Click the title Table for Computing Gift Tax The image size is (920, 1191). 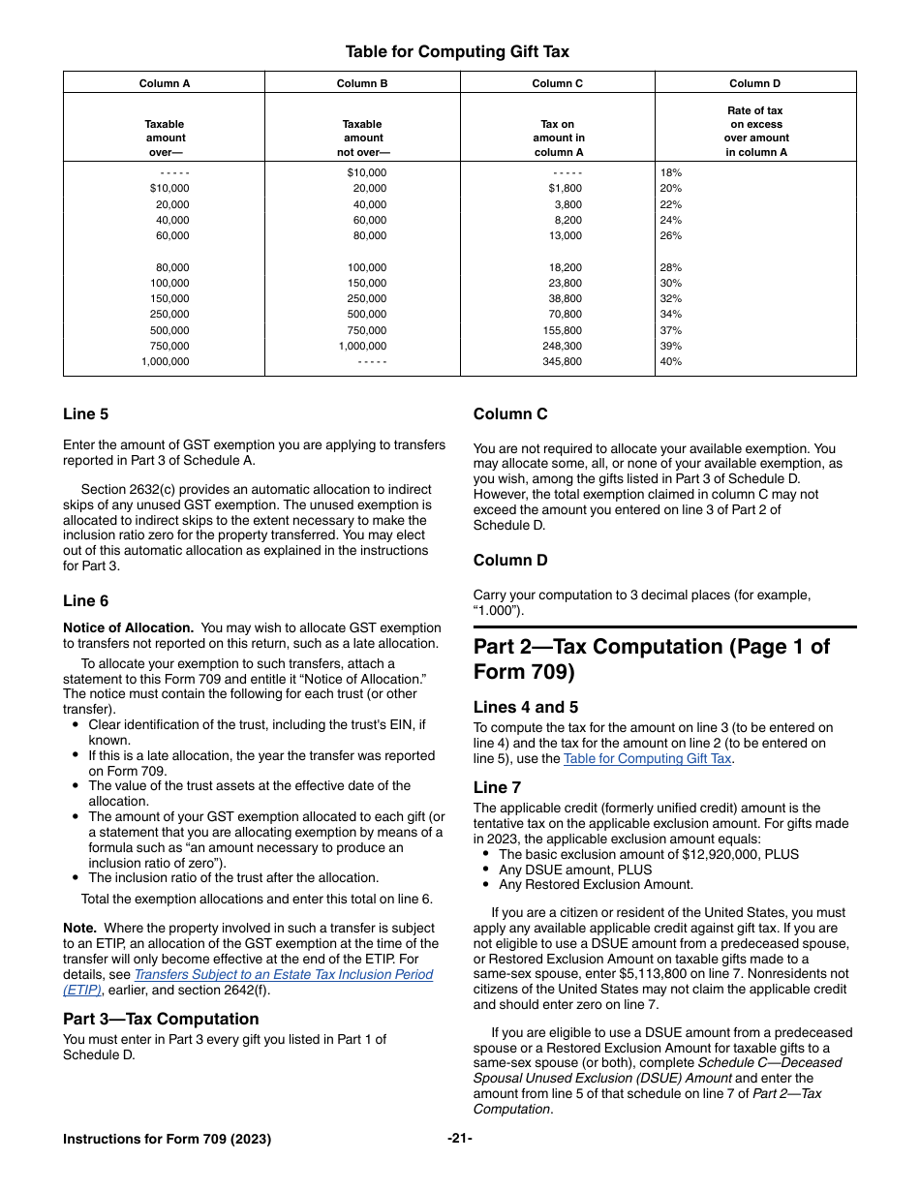[x=457, y=51]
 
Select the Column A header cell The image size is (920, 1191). [x=165, y=83]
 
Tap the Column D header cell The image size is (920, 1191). [x=754, y=83]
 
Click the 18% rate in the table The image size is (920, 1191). [x=670, y=172]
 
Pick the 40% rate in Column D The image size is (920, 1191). [x=670, y=361]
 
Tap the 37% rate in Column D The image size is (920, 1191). [x=670, y=330]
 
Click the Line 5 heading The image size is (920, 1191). [x=86, y=414]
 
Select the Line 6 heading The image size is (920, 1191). [x=86, y=601]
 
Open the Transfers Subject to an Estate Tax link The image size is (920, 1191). [x=283, y=974]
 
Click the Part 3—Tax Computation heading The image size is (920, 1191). [x=161, y=1019]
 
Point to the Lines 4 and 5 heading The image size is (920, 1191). [x=526, y=708]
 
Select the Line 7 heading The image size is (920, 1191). [x=497, y=787]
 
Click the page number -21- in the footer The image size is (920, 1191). [x=460, y=1139]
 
